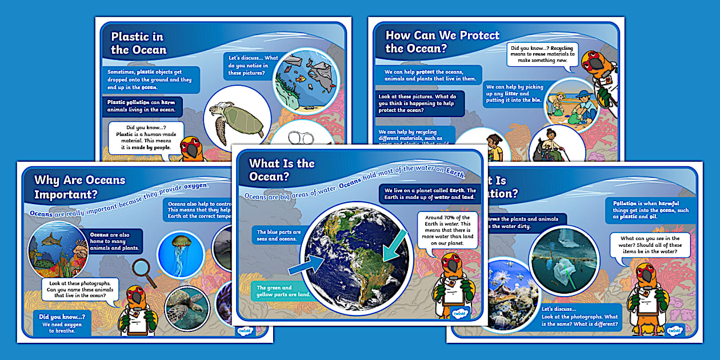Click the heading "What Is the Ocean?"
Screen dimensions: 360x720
[x=282, y=170]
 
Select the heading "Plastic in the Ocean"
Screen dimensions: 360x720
[x=139, y=43]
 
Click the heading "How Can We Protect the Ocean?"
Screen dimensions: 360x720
[x=442, y=41]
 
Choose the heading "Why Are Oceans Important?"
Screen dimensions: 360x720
[x=79, y=186]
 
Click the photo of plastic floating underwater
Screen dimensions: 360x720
[x=564, y=252]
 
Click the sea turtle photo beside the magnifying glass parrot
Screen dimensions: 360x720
[x=187, y=307]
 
